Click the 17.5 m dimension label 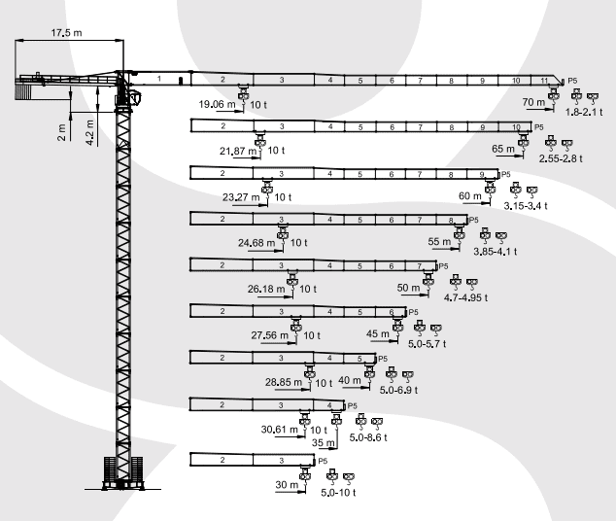click(x=66, y=33)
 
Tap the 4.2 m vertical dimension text click(x=90, y=132)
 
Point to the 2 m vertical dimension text click(x=61, y=132)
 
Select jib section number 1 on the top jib click(x=159, y=79)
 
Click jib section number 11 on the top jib click(x=544, y=81)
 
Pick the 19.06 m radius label click(x=217, y=105)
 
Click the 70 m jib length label click(x=533, y=102)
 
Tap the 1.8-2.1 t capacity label click(x=584, y=112)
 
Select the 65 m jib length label click(x=503, y=149)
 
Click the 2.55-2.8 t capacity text click(x=561, y=158)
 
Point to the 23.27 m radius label click(x=241, y=197)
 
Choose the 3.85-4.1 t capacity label click(x=495, y=252)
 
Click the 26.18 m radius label click(x=266, y=290)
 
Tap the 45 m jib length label click(x=378, y=334)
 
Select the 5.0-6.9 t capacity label click(x=398, y=390)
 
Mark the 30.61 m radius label click(x=279, y=430)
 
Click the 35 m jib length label click(x=324, y=443)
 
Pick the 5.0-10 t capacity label click(x=338, y=493)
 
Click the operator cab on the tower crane click(x=135, y=97)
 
